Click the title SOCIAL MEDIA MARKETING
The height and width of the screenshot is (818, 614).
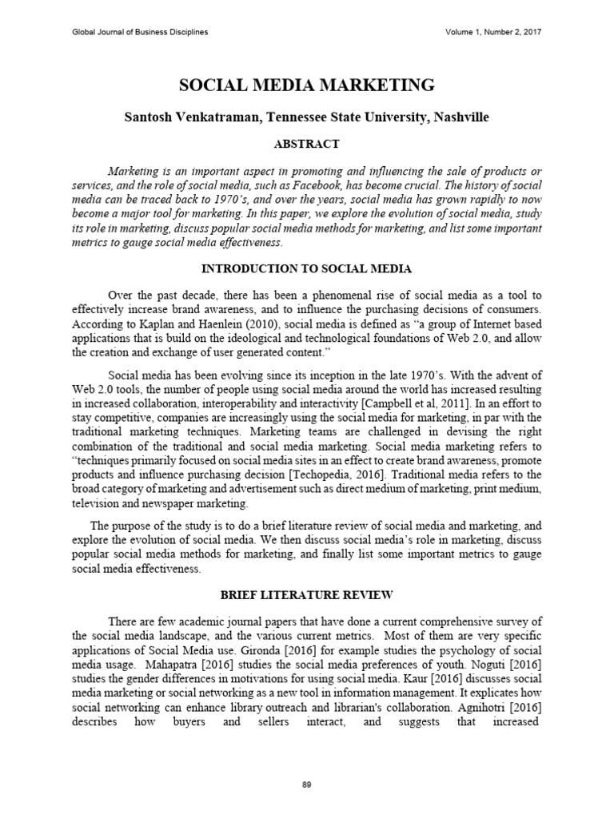(307, 85)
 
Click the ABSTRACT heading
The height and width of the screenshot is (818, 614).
(307, 145)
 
